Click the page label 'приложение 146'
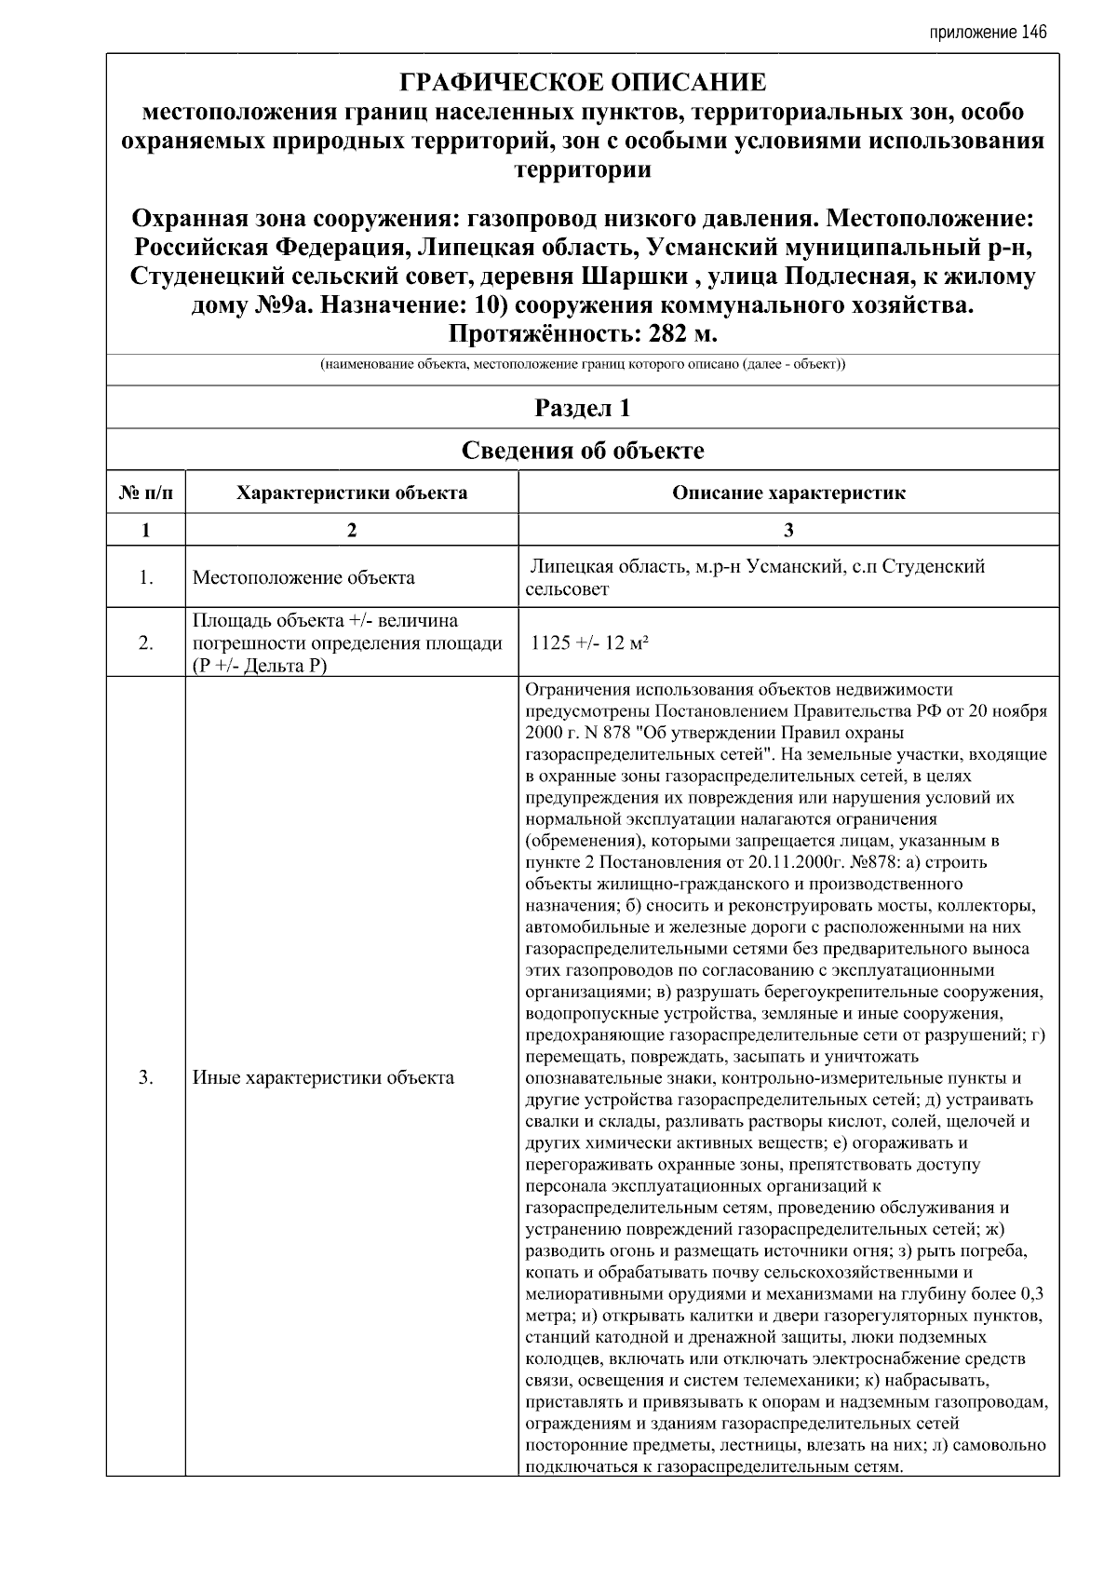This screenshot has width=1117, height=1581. (987, 33)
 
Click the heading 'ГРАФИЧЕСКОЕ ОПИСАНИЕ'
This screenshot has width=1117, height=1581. (583, 83)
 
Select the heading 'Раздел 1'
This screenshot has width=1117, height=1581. (583, 408)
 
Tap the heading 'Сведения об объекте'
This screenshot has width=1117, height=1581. (583, 451)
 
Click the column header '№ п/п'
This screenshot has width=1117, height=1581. (146, 493)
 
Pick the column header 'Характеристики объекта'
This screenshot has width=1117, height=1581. (352, 493)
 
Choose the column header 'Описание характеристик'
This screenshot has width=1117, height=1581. (788, 493)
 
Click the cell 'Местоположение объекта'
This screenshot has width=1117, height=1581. (303, 577)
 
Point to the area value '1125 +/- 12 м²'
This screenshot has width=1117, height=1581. (589, 643)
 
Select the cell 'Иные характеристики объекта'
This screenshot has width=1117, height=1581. (323, 1078)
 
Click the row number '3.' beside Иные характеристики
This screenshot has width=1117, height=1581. (146, 1078)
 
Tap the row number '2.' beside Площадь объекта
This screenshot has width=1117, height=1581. (146, 643)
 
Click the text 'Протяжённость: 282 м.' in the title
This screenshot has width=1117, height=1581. (583, 334)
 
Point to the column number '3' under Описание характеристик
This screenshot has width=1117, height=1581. (788, 531)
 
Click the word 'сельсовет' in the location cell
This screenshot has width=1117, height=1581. (567, 589)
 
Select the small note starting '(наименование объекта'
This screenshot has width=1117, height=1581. (583, 365)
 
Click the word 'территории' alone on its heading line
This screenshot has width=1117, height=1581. (583, 169)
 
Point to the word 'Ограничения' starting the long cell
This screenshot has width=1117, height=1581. (578, 690)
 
